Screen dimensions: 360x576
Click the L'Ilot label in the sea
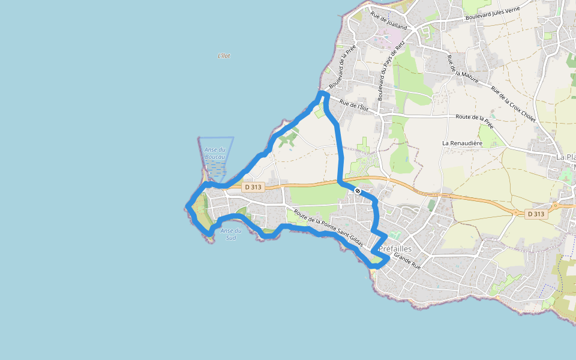pyautogui.click(x=224, y=56)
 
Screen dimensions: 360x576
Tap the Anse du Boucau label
pyautogui.click(x=215, y=153)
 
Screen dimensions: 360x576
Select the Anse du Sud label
pyautogui.click(x=231, y=234)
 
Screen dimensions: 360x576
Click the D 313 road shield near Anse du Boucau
pyautogui.click(x=253, y=187)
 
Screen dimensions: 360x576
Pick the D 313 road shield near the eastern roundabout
pyautogui.click(x=536, y=214)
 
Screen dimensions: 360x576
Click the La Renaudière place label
pyautogui.click(x=463, y=143)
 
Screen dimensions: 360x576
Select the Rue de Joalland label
pyautogui.click(x=389, y=21)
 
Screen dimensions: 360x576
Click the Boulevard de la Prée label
pyautogui.click(x=343, y=66)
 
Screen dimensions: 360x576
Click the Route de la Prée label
pyautogui.click(x=474, y=118)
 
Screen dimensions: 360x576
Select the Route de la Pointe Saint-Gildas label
pyautogui.click(x=328, y=229)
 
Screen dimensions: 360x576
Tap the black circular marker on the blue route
pyautogui.click(x=358, y=191)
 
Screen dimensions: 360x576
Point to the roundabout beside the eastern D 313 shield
pyautogui.click(x=515, y=212)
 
